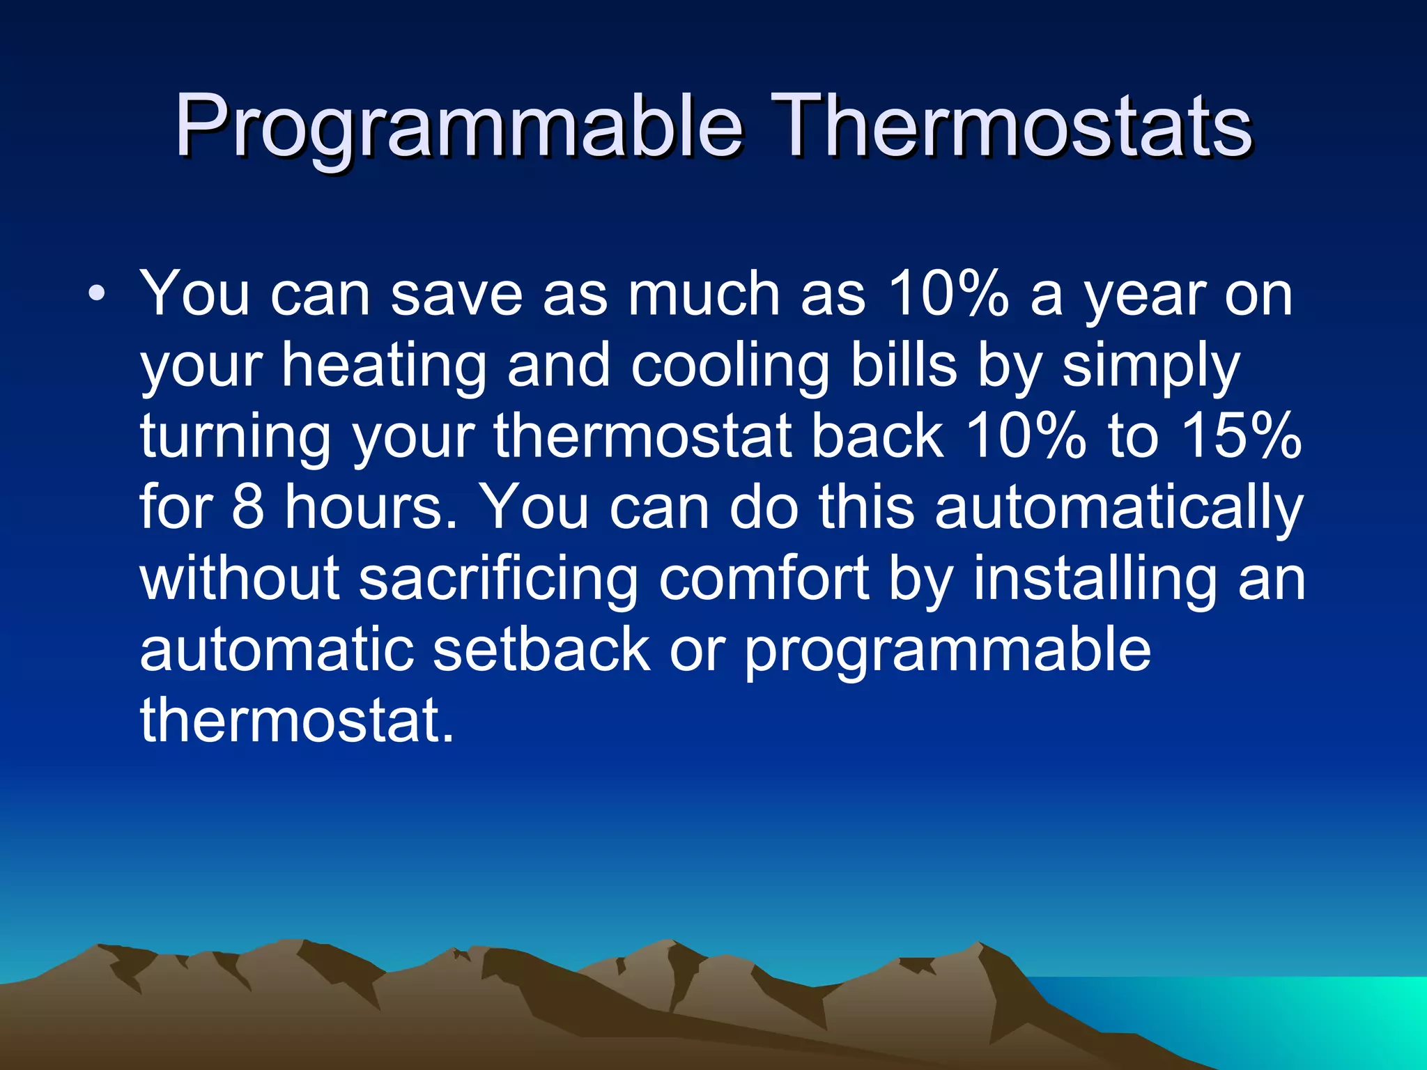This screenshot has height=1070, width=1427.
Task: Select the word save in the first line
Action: [x=456, y=295]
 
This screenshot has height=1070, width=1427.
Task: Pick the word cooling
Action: [x=730, y=367]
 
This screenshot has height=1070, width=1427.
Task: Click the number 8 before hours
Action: [x=247, y=507]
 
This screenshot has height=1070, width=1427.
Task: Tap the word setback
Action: [x=541, y=649]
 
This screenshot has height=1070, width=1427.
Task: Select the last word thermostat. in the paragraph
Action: [x=297, y=720]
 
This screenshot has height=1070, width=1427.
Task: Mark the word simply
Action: [x=1150, y=367]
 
